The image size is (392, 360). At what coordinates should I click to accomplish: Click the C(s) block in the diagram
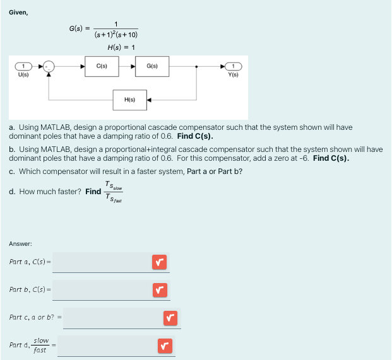(101, 66)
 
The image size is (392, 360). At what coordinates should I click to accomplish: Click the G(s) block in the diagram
(152, 66)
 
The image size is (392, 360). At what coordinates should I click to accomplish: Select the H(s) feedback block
(129, 100)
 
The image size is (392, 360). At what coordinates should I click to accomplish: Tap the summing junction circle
(49, 66)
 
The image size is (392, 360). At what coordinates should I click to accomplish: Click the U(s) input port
(23, 66)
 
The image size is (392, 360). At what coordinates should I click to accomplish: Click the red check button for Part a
(158, 262)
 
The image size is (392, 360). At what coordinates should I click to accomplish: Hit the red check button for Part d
(163, 345)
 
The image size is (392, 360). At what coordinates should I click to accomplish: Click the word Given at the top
(18, 12)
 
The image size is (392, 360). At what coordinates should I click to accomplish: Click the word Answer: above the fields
(20, 243)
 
